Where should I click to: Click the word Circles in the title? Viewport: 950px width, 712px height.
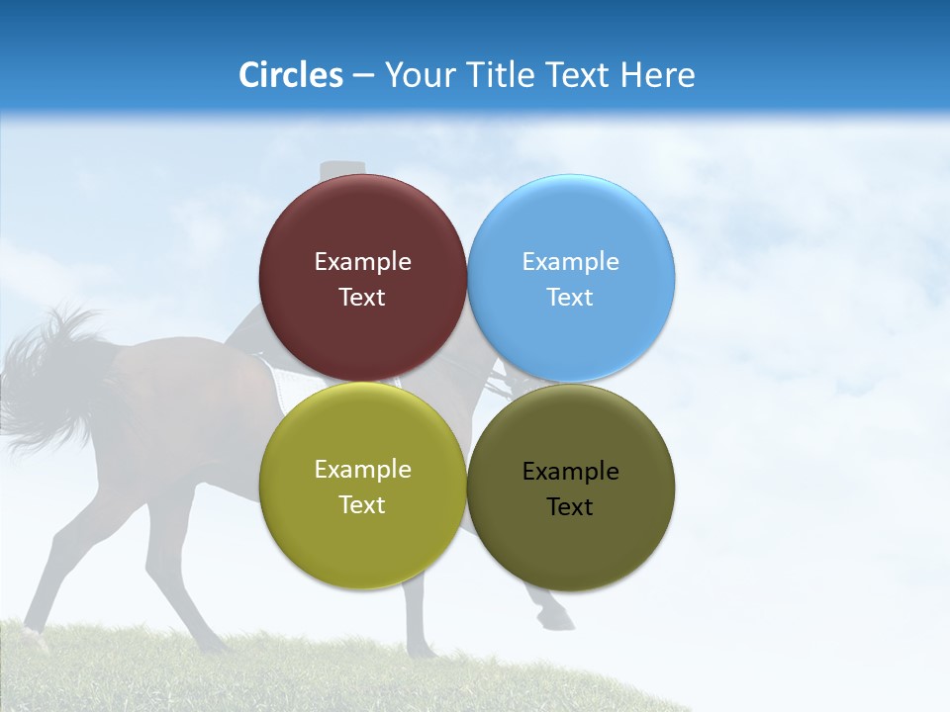(290, 75)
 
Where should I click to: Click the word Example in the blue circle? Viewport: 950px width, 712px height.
(571, 262)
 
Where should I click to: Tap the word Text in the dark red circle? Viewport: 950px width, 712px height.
(362, 298)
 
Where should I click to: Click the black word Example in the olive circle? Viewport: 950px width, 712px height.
(571, 472)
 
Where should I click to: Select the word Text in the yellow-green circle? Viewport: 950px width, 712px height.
(362, 505)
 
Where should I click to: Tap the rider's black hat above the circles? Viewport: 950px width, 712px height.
(341, 169)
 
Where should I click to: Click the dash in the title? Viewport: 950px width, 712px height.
(363, 76)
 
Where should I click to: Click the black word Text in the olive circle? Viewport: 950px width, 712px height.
(571, 507)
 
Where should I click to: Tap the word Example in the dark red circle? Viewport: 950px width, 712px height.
(362, 262)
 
